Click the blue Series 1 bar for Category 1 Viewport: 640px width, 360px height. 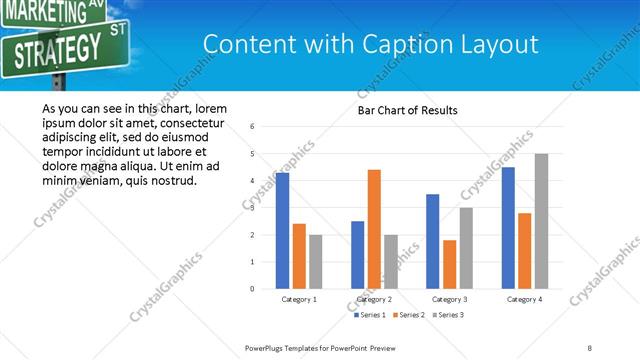[x=282, y=231]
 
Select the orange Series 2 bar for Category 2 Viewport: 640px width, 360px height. [x=374, y=229]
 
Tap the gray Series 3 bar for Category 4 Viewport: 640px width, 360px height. [x=541, y=221]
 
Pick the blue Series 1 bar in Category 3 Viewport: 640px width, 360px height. [x=432, y=241]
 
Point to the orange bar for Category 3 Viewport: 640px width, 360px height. [x=449, y=264]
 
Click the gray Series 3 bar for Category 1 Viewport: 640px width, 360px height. [x=316, y=262]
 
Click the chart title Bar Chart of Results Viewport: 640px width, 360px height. [x=407, y=110]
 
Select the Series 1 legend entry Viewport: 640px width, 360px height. [x=370, y=315]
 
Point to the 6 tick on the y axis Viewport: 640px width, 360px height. [x=253, y=127]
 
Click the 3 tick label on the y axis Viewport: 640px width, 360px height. [x=253, y=208]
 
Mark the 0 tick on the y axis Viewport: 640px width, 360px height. [x=253, y=289]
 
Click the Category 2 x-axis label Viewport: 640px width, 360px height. [x=374, y=299]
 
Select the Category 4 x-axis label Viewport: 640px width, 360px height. [x=524, y=299]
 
